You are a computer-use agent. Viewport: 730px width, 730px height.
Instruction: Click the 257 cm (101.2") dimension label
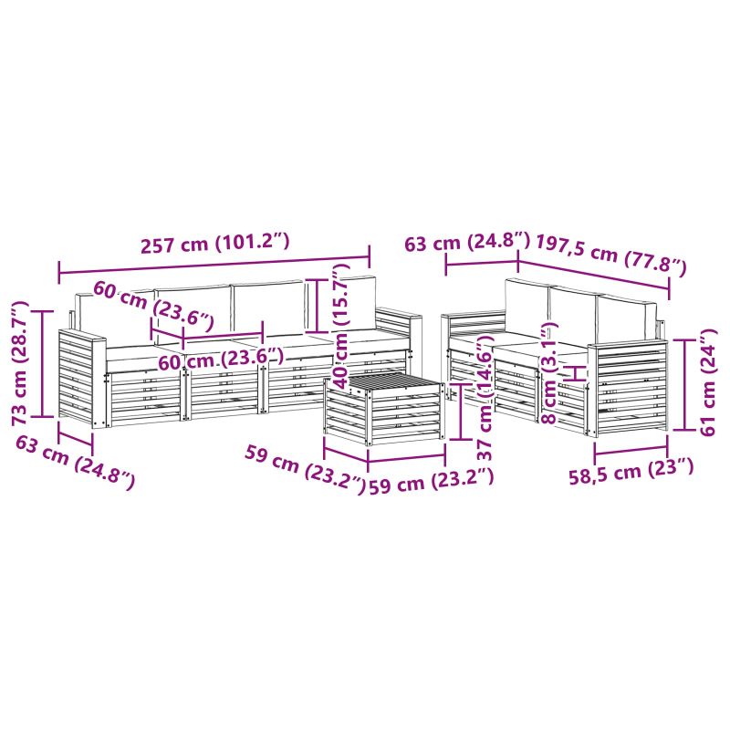(x=215, y=244)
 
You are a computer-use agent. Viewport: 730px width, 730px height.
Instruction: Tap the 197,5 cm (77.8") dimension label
(x=611, y=255)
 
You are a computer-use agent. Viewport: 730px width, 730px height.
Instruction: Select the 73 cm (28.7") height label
(x=21, y=363)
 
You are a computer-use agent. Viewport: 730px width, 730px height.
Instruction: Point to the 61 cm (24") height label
(x=708, y=381)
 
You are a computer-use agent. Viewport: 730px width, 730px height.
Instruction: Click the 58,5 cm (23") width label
(x=631, y=472)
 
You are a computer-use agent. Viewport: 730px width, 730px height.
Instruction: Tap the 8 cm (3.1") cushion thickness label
(x=550, y=372)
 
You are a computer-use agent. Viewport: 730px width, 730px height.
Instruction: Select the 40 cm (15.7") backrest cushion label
(x=341, y=325)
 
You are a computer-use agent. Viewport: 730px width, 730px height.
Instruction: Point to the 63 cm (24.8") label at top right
(x=467, y=242)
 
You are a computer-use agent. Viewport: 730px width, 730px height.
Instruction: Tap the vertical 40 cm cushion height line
(x=317, y=306)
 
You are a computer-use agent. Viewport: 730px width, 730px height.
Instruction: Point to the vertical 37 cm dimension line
(x=461, y=412)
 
